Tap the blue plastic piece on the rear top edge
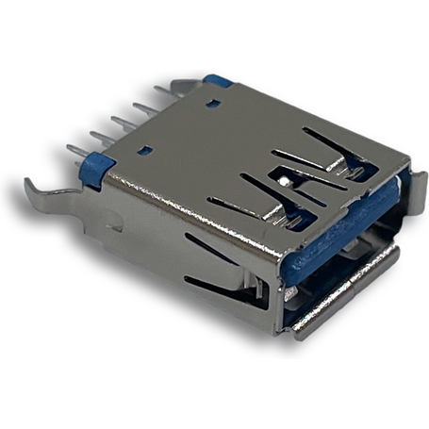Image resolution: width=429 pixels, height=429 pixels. click(219, 81)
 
